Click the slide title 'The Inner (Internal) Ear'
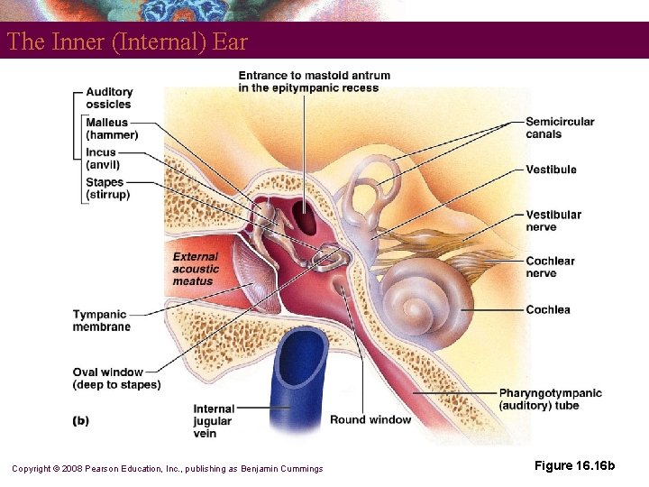[127, 41]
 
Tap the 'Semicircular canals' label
[560, 128]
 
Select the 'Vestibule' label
[551, 170]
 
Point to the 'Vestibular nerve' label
[553, 221]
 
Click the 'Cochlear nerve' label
[550, 267]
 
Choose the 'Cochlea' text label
[548, 309]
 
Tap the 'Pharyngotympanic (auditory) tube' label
[550, 400]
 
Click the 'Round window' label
[370, 419]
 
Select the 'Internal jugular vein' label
[214, 421]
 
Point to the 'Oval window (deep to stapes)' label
[116, 379]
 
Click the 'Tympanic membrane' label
[101, 321]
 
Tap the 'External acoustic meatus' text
[196, 269]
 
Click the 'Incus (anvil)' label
[104, 159]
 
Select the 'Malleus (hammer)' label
[112, 129]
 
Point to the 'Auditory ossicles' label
[109, 97]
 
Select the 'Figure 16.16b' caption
[574, 465]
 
